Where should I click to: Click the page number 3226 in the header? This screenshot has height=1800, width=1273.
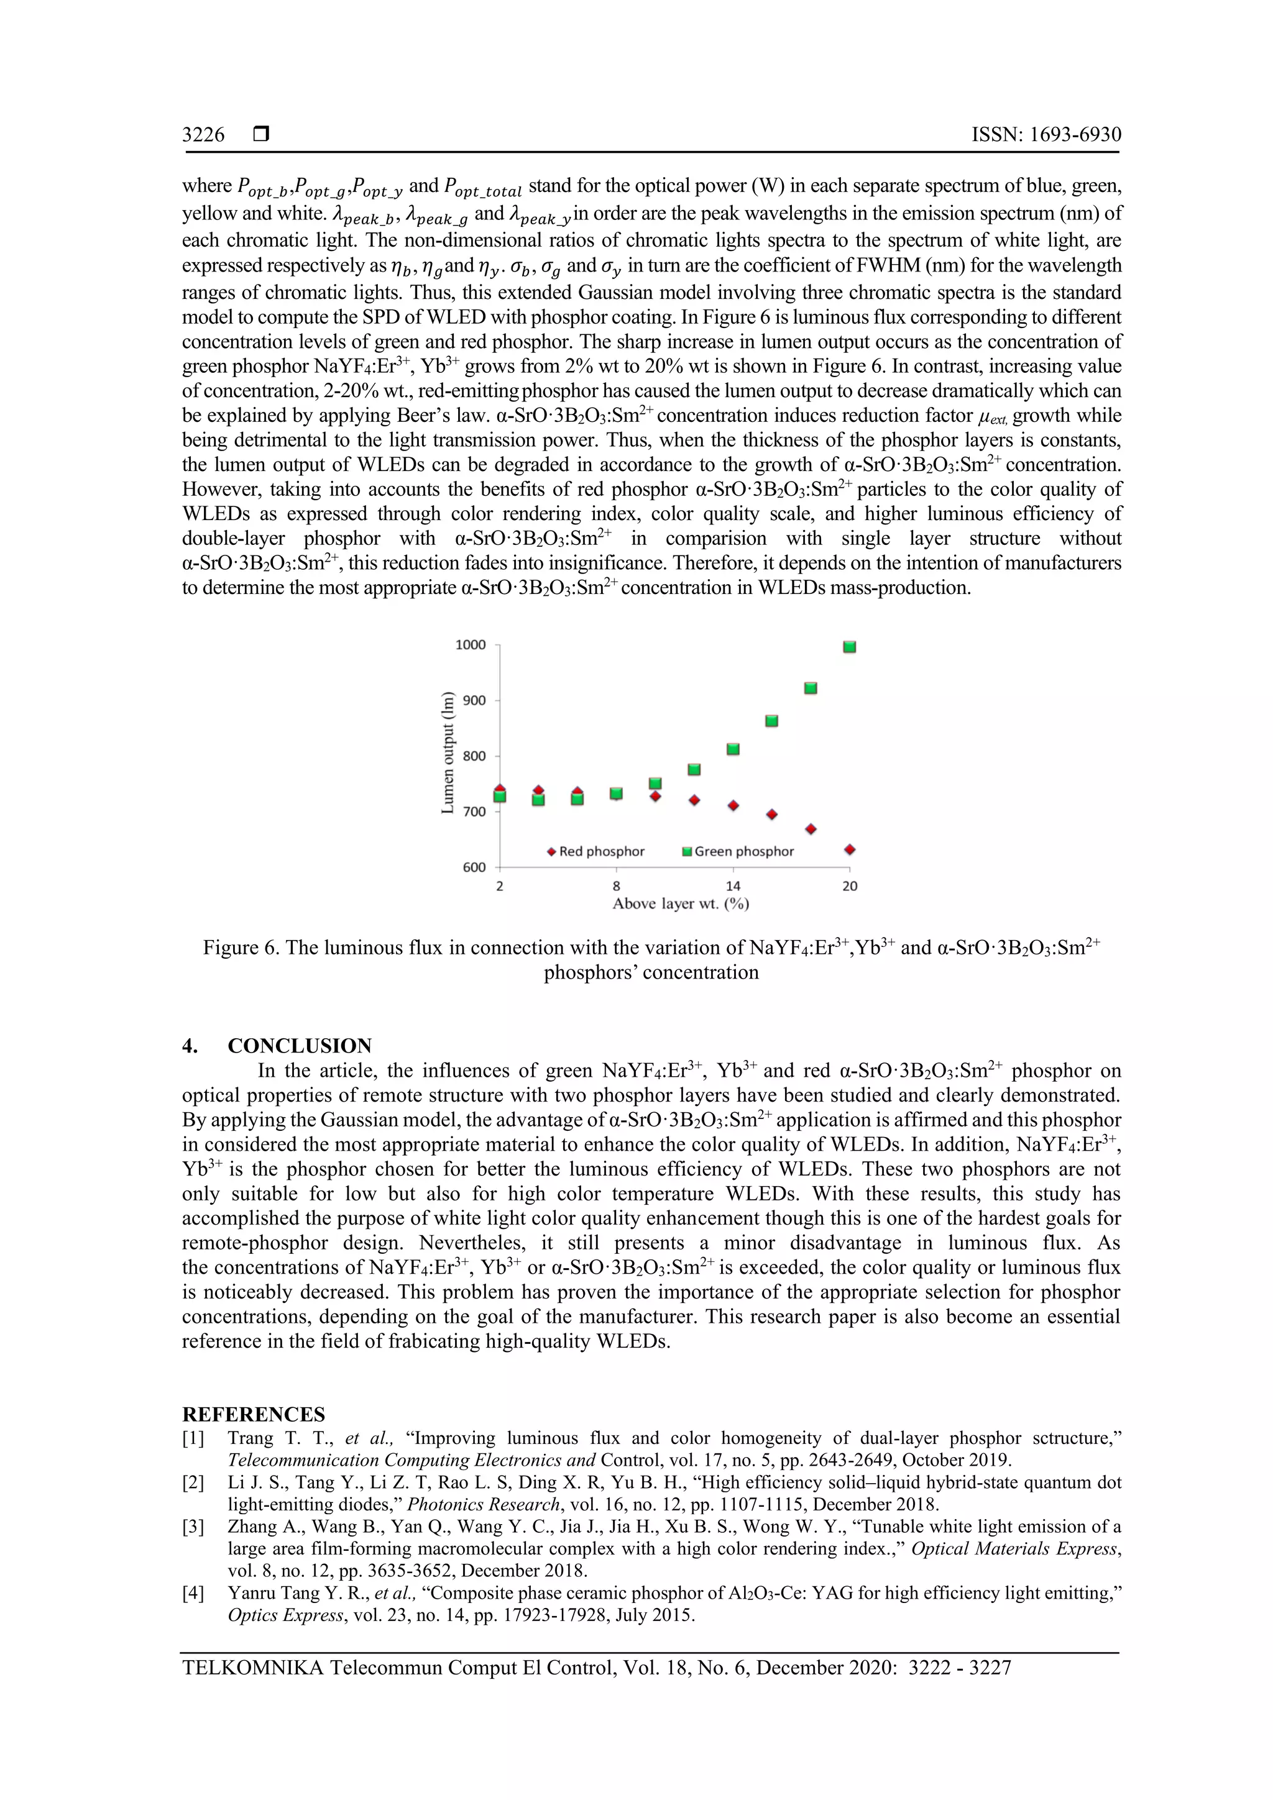coord(203,135)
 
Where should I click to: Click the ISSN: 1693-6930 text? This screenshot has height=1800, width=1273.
coord(1046,135)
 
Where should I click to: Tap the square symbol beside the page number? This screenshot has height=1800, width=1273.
coord(261,134)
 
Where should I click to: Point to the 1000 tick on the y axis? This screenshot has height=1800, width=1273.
coord(471,645)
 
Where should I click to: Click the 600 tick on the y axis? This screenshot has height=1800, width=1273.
coord(473,867)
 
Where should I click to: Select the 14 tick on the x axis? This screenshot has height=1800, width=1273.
coord(733,886)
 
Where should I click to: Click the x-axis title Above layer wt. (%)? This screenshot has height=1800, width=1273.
coord(680,904)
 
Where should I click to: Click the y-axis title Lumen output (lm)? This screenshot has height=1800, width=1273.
coord(448,752)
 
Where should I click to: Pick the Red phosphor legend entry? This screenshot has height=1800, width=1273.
coord(596,851)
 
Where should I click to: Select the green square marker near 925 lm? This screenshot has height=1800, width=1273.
coord(811,688)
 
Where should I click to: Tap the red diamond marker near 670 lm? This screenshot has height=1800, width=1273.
coord(811,829)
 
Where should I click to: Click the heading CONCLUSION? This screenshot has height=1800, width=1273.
coord(300,1046)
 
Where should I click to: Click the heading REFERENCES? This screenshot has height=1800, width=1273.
coord(254,1414)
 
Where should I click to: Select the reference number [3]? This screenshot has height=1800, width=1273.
coord(193,1527)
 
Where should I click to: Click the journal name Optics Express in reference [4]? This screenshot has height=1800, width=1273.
coord(285,1615)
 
